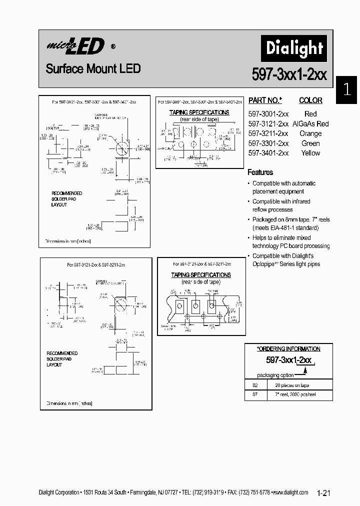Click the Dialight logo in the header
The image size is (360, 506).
coord(294,48)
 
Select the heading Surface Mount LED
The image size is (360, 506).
coord(93,68)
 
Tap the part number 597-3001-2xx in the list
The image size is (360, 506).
coord(268,114)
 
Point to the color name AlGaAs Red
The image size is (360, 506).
coord(310,124)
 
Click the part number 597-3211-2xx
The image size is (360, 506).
coord(268,133)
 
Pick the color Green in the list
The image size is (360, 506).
coord(310,143)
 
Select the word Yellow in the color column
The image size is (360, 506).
coord(310,153)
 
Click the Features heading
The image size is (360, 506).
coord(260,172)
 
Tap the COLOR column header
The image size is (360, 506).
coord(310,100)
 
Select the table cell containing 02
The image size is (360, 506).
coord(255,385)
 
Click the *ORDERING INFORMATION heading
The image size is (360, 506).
coord(288,348)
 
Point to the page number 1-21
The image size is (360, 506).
coord(324,493)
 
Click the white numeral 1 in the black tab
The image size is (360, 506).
coord(347,90)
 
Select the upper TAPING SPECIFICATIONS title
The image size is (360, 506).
coord(199,112)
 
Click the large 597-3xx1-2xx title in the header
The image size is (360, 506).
coord(289,74)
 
